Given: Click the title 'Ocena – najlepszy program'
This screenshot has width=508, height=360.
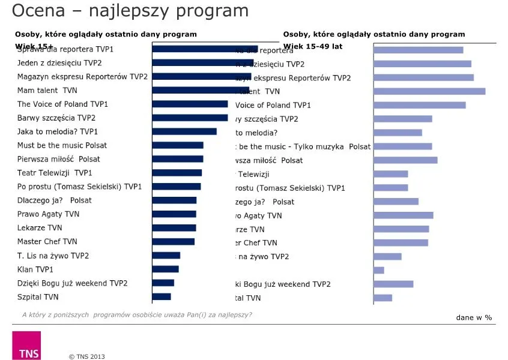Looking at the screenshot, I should (x=130, y=11).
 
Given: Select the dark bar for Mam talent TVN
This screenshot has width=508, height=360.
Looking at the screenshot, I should (x=200, y=91).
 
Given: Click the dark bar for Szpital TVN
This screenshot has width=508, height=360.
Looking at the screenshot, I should (x=162, y=296).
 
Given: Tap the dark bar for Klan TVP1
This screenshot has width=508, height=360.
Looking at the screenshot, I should (x=166, y=269).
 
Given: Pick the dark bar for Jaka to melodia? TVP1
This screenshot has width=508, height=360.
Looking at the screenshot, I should (x=184, y=131).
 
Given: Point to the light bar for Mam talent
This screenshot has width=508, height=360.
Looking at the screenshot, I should (x=429, y=91).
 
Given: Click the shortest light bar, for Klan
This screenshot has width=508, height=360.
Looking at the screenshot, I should (x=379, y=270).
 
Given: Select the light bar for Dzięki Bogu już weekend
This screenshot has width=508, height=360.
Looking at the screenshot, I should (x=393, y=284).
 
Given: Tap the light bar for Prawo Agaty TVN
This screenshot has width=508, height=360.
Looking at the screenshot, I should (x=404, y=215).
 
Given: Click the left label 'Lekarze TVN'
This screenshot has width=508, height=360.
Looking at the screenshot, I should (x=40, y=228).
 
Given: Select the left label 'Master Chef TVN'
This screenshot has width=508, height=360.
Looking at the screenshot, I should (x=47, y=241).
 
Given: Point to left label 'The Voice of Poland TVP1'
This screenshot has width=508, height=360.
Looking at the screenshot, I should (x=62, y=104).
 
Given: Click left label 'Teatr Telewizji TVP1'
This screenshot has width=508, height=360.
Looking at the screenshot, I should (x=53, y=173).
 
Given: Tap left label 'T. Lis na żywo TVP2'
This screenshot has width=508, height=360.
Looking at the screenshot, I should (x=53, y=256).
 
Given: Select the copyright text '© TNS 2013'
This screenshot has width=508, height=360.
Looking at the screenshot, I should (x=87, y=356).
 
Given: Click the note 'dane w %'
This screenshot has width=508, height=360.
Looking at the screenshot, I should (x=474, y=317).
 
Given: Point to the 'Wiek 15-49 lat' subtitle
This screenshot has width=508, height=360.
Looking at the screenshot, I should (x=313, y=46).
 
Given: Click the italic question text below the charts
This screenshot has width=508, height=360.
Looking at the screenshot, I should (x=137, y=314).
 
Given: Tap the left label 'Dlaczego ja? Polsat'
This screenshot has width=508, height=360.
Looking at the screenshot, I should (x=55, y=200).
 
